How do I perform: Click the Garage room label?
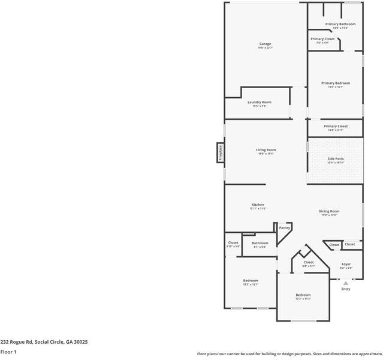tap(265, 44)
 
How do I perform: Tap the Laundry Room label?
tap(260, 103)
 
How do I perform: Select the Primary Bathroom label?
tap(340, 24)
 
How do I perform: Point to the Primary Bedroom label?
tap(336, 83)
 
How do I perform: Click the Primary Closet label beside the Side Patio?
tap(336, 127)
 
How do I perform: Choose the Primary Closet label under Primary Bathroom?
tap(322, 39)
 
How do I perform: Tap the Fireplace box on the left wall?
tap(220, 152)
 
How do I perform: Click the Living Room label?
tap(266, 150)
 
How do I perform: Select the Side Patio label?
tap(336, 159)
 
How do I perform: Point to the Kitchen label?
tap(258, 205)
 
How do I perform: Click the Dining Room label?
tap(329, 211)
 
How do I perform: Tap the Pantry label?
tap(285, 228)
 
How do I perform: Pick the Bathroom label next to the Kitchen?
tap(260, 243)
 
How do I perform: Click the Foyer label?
tap(346, 264)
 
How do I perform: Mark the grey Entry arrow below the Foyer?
tap(345, 283)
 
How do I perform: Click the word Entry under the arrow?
tap(346, 289)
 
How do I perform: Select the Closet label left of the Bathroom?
tap(233, 243)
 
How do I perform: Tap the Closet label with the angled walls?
tap(309, 262)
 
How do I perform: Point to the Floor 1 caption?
tap(8, 352)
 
